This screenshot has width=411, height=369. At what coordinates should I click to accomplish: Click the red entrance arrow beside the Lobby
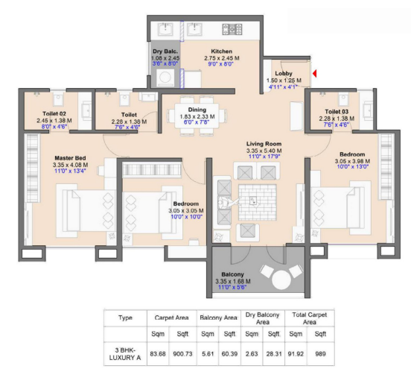[316, 73]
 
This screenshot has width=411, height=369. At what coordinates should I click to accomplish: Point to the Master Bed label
[69, 158]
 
